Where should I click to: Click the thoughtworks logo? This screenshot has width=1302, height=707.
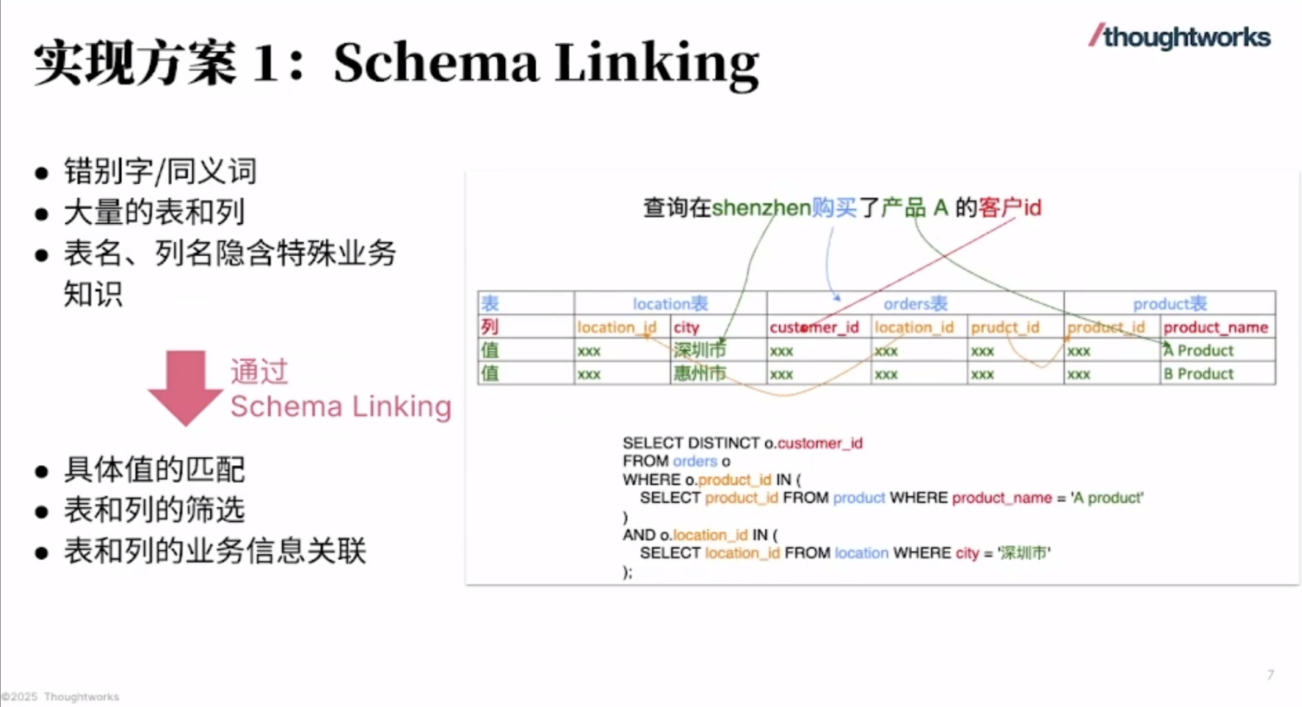1180,37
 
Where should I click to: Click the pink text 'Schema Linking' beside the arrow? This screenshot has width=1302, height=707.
341,406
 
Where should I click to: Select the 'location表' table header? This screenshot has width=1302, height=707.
670,304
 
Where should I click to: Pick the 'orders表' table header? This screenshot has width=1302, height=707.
915,304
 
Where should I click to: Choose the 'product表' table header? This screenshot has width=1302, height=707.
1170,304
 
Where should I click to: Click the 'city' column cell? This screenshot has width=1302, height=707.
686,328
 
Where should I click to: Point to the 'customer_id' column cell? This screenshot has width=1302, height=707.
814,328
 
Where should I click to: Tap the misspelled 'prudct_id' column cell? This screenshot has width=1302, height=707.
1004,328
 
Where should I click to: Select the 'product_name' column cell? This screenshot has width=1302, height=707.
1215,328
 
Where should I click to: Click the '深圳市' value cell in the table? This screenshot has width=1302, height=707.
700,350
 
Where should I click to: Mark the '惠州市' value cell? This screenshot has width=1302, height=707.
700,373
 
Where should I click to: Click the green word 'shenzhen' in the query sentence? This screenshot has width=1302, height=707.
761,208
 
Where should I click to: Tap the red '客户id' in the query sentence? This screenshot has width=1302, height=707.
1009,208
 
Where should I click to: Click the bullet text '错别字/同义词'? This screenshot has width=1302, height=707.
160,171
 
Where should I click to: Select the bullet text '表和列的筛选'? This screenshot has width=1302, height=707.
154,510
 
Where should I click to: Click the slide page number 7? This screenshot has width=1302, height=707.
1270,674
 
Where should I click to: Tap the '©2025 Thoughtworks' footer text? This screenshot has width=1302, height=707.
61,697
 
